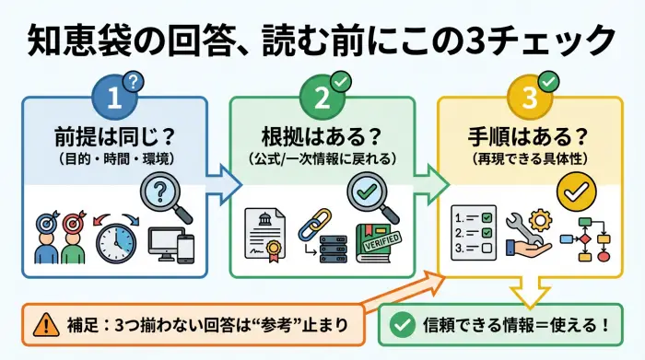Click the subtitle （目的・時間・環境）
click(115, 158)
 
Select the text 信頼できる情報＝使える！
click(517, 326)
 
